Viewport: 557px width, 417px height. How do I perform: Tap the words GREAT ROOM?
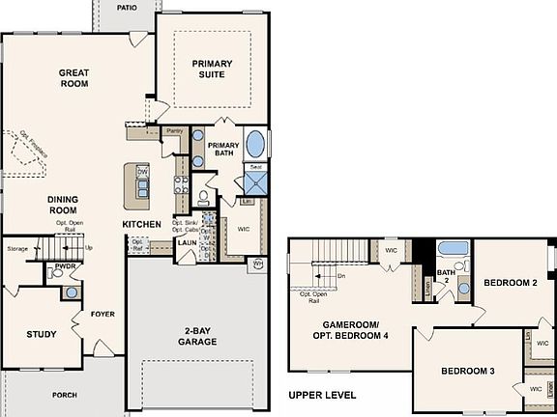point(73,78)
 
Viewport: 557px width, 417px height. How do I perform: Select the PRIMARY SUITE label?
point(211,69)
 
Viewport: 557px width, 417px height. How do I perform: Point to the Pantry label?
point(174,130)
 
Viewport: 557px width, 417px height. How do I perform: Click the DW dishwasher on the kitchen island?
point(142,172)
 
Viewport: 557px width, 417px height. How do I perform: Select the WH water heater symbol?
point(258,263)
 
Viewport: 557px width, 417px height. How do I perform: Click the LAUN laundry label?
point(187,243)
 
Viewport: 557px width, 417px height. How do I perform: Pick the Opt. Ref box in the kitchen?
point(137,244)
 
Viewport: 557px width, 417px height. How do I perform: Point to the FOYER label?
point(103,314)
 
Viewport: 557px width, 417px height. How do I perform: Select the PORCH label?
point(64,395)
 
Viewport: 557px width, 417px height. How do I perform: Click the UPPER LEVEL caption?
point(322,395)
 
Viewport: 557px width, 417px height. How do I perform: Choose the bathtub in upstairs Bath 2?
point(454,250)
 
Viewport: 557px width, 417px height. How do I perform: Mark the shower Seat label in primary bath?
point(255,167)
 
